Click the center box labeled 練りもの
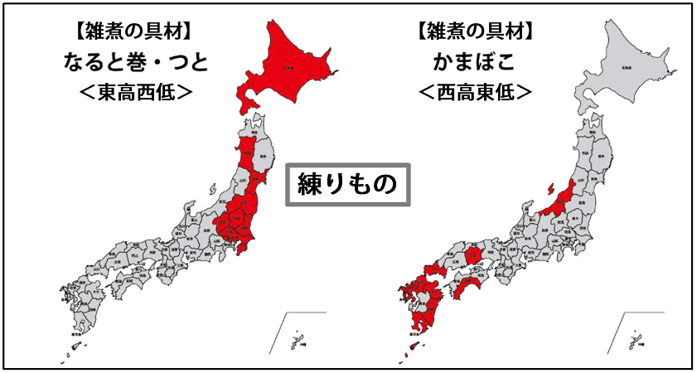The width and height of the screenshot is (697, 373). click(347, 183)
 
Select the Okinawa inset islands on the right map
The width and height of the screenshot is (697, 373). click(636, 340)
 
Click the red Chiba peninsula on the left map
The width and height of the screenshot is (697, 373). click(245, 242)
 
